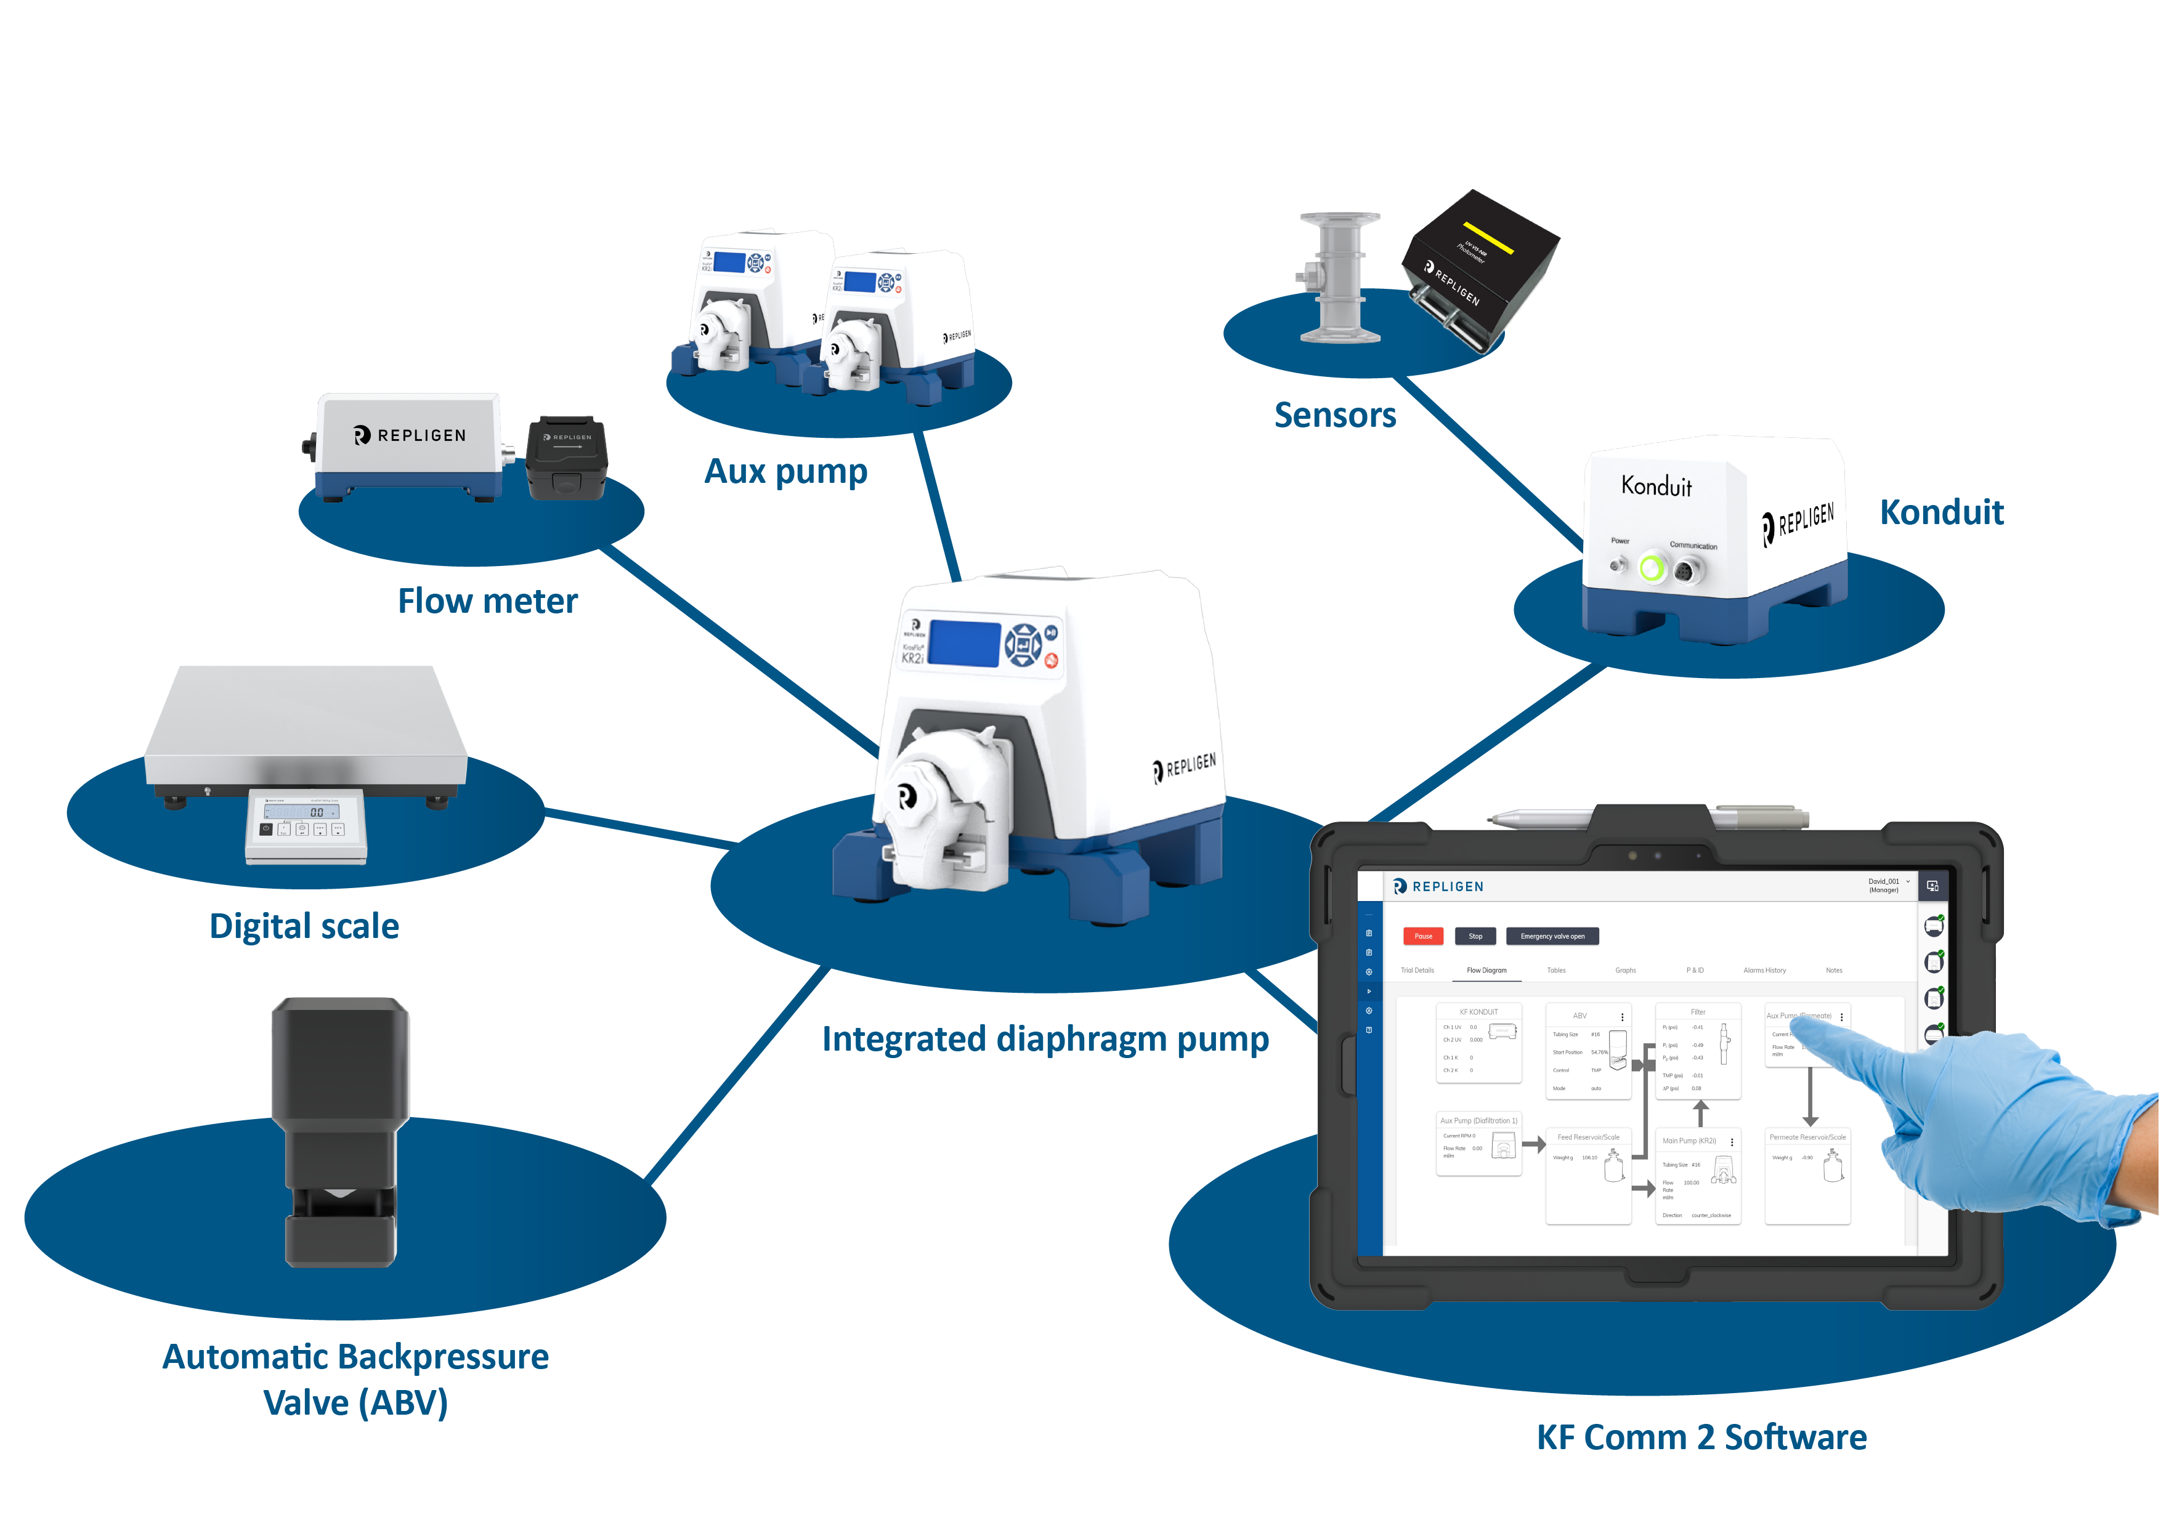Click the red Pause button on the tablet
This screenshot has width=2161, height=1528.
point(1422,936)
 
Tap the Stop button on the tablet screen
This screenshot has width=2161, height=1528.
point(1475,936)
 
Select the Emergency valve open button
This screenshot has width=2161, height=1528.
point(1552,936)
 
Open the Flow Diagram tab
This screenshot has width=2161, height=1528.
point(1486,970)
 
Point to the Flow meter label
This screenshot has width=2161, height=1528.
point(487,601)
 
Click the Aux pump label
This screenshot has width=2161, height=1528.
point(786,471)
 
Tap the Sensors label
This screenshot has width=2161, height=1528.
point(1335,415)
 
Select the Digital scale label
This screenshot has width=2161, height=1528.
point(304,926)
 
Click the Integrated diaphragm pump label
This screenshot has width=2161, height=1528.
point(1045,1039)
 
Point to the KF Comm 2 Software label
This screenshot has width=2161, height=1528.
point(1701,1437)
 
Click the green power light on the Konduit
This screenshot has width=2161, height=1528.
point(1652,568)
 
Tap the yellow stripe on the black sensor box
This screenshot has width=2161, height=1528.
point(1488,238)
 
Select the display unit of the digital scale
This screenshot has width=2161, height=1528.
point(305,826)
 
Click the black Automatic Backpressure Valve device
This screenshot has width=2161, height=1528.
point(340,1129)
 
